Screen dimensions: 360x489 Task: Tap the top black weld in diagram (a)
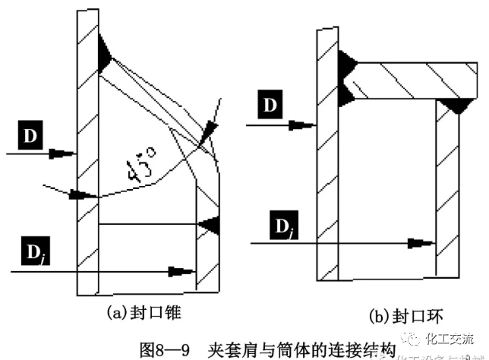click(x=104, y=55)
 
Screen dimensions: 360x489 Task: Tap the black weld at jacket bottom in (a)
click(x=210, y=225)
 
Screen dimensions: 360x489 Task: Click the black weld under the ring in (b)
click(x=456, y=106)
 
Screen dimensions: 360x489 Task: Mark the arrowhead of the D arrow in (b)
click(x=312, y=124)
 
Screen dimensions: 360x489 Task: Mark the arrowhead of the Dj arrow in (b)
click(x=425, y=244)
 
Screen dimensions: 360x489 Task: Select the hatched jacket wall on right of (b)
click(x=447, y=190)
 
